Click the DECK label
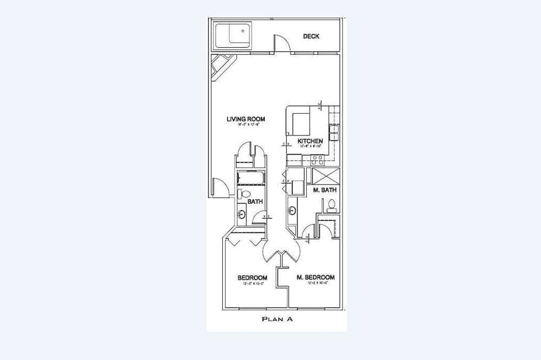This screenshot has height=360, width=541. click(x=311, y=36)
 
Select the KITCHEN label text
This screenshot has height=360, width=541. click(x=311, y=141)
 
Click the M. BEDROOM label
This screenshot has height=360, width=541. click(x=315, y=277)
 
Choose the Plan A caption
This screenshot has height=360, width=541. click(x=277, y=319)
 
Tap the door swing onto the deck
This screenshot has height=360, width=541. click(x=280, y=43)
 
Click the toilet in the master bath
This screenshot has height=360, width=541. click(x=331, y=205)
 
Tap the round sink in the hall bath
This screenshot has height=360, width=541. click(x=241, y=215)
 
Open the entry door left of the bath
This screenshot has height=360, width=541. click(x=220, y=187)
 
